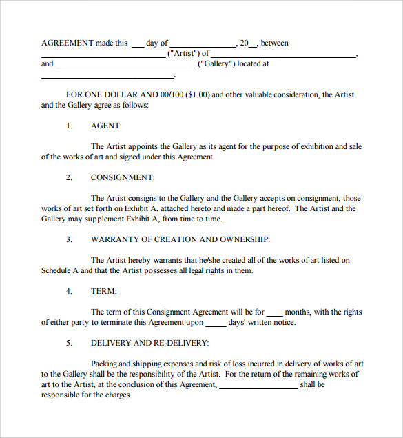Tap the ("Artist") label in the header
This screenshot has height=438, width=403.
(x=183, y=53)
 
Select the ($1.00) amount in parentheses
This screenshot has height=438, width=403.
(x=195, y=94)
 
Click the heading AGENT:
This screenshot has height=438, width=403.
(x=106, y=126)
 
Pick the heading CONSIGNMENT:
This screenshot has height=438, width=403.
(x=123, y=177)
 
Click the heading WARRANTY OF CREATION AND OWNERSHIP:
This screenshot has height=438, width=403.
(x=180, y=239)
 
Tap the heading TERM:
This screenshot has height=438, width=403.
(x=103, y=291)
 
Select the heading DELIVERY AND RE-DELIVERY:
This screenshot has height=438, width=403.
(x=149, y=343)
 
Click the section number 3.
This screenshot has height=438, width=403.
(x=69, y=239)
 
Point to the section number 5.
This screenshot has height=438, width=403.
(x=69, y=343)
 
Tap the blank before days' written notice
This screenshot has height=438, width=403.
(x=216, y=323)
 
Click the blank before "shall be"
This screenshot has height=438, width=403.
(x=258, y=386)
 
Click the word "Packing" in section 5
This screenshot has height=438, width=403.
(x=104, y=364)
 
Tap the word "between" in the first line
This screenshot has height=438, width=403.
(x=274, y=43)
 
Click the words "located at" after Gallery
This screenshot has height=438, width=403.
(x=255, y=63)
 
